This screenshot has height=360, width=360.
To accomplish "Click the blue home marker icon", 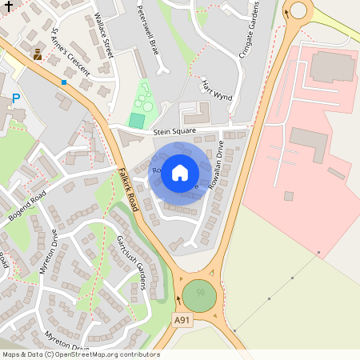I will click(180, 172).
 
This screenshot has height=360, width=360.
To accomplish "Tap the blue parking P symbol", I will click(15, 99).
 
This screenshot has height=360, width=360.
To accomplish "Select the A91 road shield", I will click(182, 320).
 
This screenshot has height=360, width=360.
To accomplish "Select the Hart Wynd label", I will click(215, 90).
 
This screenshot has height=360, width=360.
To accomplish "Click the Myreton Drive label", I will click(49, 252).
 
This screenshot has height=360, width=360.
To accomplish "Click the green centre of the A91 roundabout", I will click(198, 296).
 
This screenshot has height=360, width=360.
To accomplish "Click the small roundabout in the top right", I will click(298, 10).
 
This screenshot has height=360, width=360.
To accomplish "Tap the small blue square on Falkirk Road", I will click(64, 82).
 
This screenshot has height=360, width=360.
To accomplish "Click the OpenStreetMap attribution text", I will click(80, 354).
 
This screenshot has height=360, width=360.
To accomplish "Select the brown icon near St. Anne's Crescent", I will click(38, 54).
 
